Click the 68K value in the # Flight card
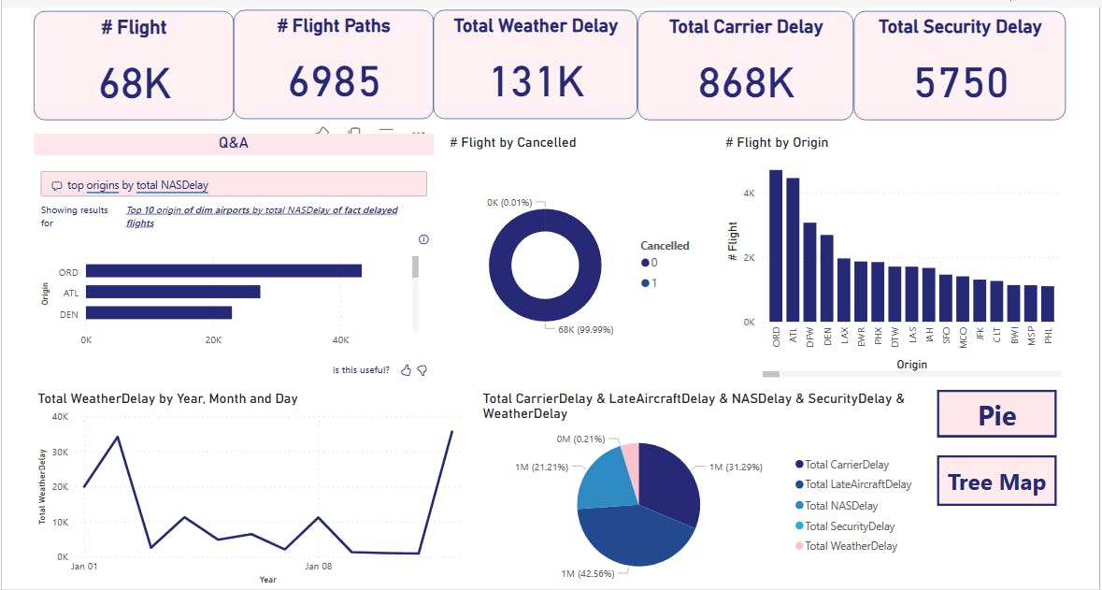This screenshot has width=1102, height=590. pyautogui.click(x=136, y=84)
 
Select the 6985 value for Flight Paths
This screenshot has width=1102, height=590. pyautogui.click(x=334, y=82)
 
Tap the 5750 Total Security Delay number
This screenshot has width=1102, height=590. pyautogui.click(x=960, y=83)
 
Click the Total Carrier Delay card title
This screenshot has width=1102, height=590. pyautogui.click(x=745, y=27)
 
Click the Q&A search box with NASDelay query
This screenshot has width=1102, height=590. pyautogui.click(x=234, y=184)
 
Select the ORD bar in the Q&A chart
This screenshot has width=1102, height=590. pyautogui.click(x=223, y=271)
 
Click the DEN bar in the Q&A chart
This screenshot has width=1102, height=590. pyautogui.click(x=159, y=312)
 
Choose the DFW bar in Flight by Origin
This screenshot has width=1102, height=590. pyautogui.click(x=809, y=272)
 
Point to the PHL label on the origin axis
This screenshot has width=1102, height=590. pyautogui.click(x=1049, y=336)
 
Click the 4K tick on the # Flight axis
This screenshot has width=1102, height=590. pyautogui.click(x=748, y=193)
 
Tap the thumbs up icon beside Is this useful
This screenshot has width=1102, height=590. pyautogui.click(x=406, y=370)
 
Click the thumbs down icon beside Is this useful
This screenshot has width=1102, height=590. pyautogui.click(x=422, y=370)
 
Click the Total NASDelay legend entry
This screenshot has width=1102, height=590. pyautogui.click(x=840, y=506)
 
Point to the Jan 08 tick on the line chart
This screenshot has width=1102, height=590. pyautogui.click(x=319, y=566)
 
